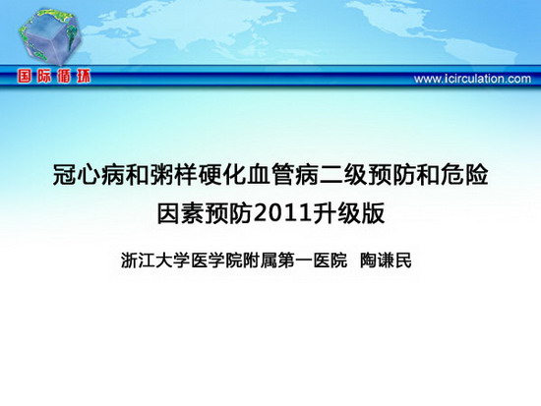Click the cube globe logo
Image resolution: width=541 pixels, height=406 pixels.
click(x=50, y=36)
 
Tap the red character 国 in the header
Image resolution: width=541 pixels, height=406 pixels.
click(x=25, y=77)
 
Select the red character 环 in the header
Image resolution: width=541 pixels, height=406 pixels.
click(x=84, y=77)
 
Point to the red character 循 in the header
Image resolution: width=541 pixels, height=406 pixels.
click(x=64, y=77)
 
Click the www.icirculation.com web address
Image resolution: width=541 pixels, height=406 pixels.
click(x=472, y=79)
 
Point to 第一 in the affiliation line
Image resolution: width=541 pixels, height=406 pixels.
click(x=295, y=261)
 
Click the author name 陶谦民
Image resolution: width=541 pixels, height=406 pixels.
click(x=387, y=261)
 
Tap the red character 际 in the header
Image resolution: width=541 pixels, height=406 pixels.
click(x=44, y=77)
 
